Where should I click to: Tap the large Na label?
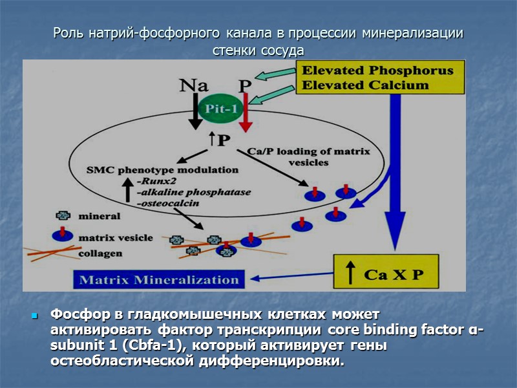194,85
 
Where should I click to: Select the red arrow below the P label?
245,116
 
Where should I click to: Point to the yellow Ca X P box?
386,274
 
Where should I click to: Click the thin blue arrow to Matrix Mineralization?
290,278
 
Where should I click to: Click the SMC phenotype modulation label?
162,171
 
